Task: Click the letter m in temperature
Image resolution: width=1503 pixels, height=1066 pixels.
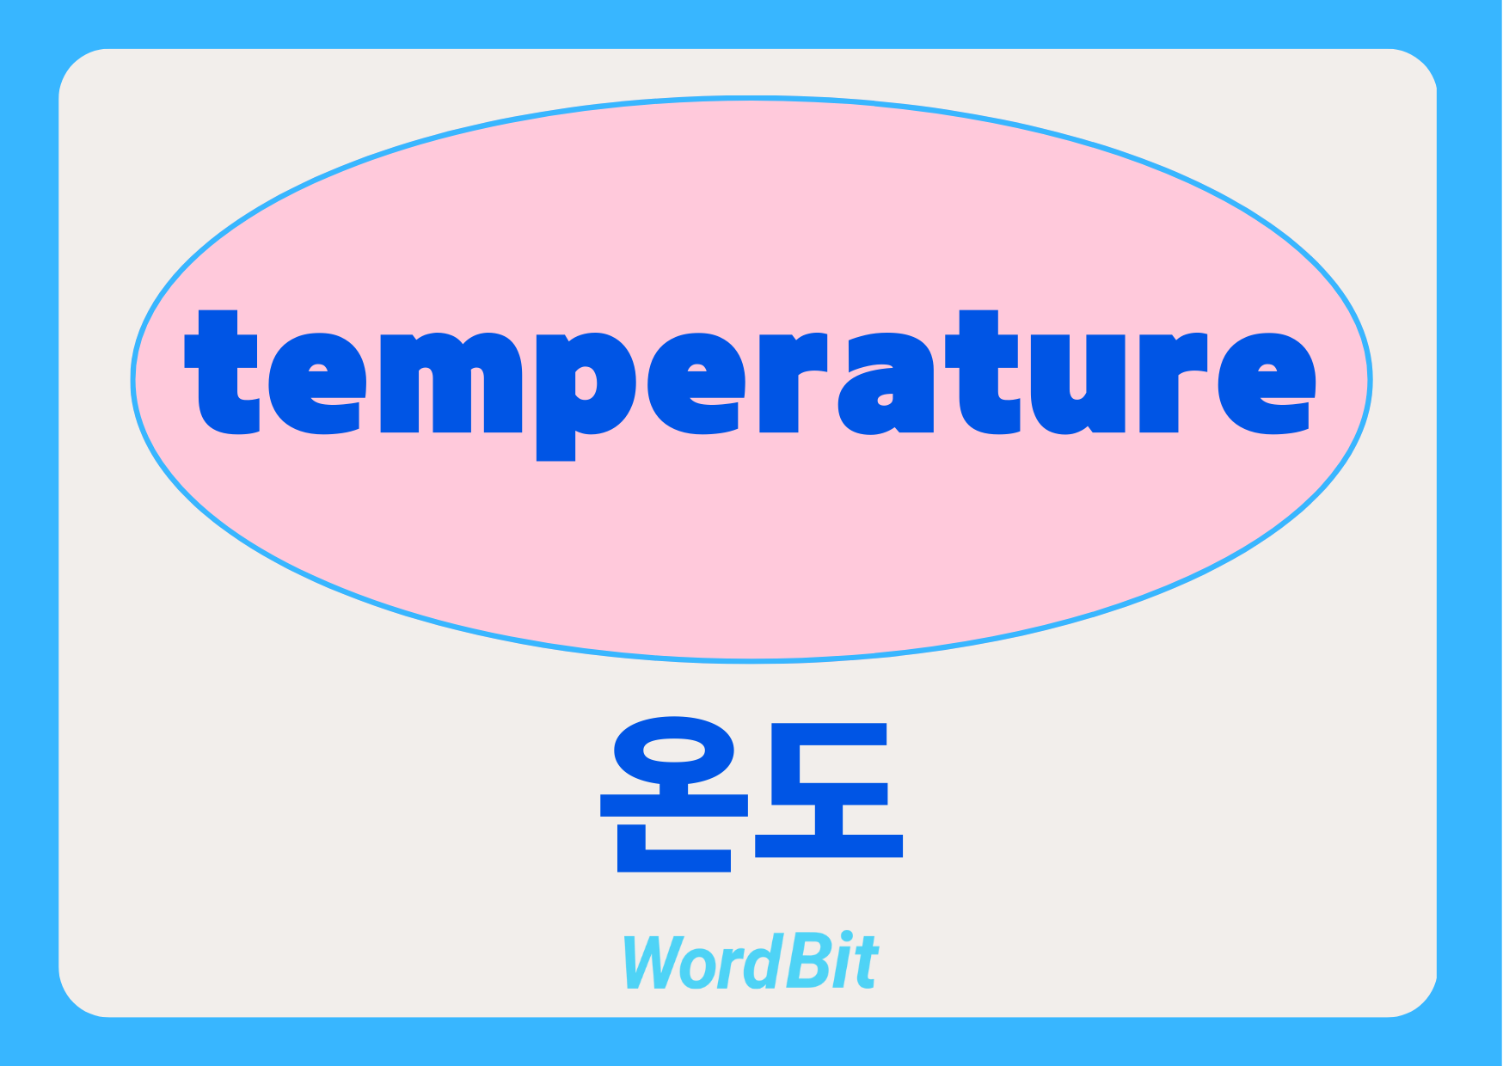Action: pos(451,383)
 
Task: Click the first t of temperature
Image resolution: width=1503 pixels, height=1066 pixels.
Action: pos(221,371)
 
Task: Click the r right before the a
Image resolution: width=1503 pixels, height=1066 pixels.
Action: pos(794,383)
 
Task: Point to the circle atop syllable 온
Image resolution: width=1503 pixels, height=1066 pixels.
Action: pos(674,751)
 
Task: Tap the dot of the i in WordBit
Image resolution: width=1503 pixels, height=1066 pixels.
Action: pos(846,939)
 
